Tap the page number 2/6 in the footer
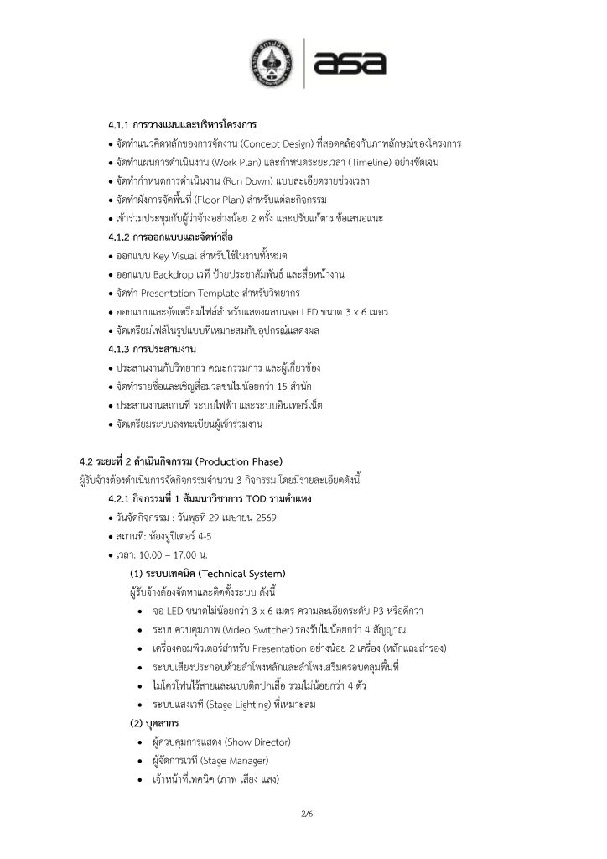[x=303, y=814]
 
